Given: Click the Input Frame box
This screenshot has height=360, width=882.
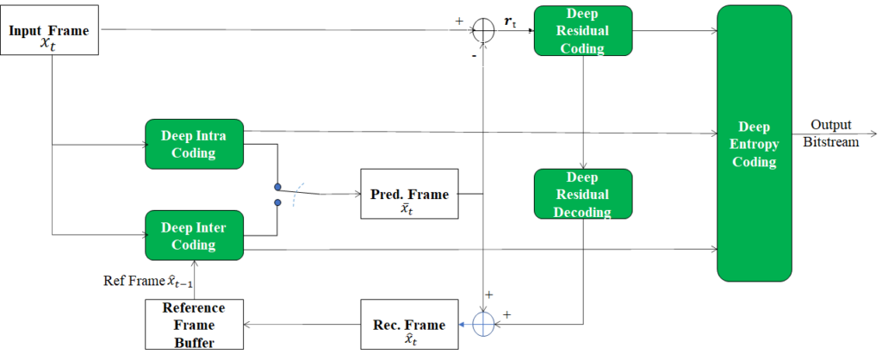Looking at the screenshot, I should click(51, 35).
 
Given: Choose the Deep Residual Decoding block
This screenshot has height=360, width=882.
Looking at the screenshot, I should click(583, 194).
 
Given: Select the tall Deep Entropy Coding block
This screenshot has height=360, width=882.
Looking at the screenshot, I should click(755, 143).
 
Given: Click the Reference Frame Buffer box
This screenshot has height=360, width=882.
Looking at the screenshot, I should click(194, 324).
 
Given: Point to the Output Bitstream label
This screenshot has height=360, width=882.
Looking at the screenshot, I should click(830, 133).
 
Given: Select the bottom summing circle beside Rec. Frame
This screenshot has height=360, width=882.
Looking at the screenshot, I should click(484, 325).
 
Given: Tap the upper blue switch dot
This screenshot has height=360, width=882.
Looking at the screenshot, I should click(277, 185).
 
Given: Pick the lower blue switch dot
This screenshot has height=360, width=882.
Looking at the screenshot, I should click(277, 204).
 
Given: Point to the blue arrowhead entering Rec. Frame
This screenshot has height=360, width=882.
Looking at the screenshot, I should click(463, 325).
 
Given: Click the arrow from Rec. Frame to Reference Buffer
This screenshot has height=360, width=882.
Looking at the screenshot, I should click(301, 325).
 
